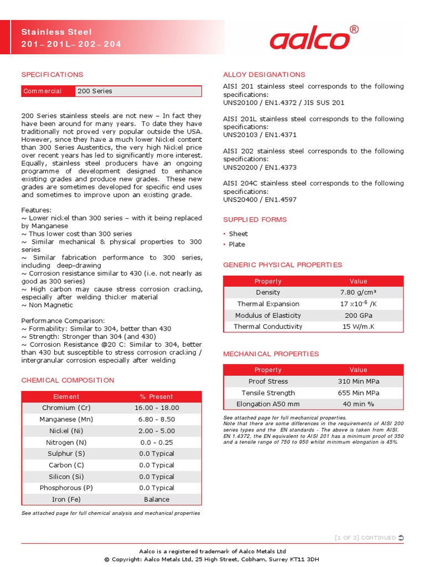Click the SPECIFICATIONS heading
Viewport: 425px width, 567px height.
pos(52,75)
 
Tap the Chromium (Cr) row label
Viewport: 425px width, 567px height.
pos(66,408)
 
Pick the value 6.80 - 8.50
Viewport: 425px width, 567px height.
pos(157,420)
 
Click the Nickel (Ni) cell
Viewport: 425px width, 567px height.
pos(66,431)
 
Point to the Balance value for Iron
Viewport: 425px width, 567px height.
pos(157,499)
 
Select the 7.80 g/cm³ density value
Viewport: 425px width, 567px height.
pos(358,292)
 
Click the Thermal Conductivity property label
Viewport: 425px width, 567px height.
pos(268,327)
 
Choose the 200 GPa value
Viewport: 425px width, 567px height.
pos(358,316)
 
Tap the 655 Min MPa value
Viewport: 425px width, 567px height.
pos(358,393)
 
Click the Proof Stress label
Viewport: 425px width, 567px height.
pos(268,382)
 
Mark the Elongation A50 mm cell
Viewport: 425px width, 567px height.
pos(268,404)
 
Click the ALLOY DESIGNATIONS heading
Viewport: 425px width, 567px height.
pos(264,75)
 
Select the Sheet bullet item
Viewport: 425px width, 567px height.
pos(239,234)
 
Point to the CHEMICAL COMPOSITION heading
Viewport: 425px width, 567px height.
pos(68,380)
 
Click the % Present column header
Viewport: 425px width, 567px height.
pos(157,397)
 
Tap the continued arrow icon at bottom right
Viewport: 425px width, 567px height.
pos(401,538)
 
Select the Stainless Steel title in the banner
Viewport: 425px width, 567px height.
pos(56,32)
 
